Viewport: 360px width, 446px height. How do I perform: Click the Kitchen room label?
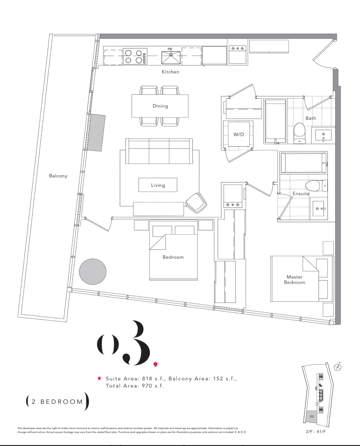170,72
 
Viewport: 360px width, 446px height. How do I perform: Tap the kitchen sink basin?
171,57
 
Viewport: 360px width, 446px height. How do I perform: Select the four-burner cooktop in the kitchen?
135,56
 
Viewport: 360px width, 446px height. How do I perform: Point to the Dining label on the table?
160,106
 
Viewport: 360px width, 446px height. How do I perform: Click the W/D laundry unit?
239,134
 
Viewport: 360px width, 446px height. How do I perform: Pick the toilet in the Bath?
299,133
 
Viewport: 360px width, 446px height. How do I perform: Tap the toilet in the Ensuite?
316,185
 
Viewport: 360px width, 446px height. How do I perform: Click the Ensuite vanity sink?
318,209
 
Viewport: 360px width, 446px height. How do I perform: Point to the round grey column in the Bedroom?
93,272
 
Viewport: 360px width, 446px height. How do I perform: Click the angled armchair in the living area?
196,203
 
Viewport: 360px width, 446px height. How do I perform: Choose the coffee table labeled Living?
158,185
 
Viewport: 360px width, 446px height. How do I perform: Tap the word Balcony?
58,176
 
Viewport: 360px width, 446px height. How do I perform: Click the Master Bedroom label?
295,280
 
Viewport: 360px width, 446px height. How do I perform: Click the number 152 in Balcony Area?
218,379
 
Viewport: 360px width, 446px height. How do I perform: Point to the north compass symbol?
337,367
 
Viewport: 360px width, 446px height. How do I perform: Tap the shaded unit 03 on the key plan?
311,416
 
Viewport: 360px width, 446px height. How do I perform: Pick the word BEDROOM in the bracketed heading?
62,402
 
